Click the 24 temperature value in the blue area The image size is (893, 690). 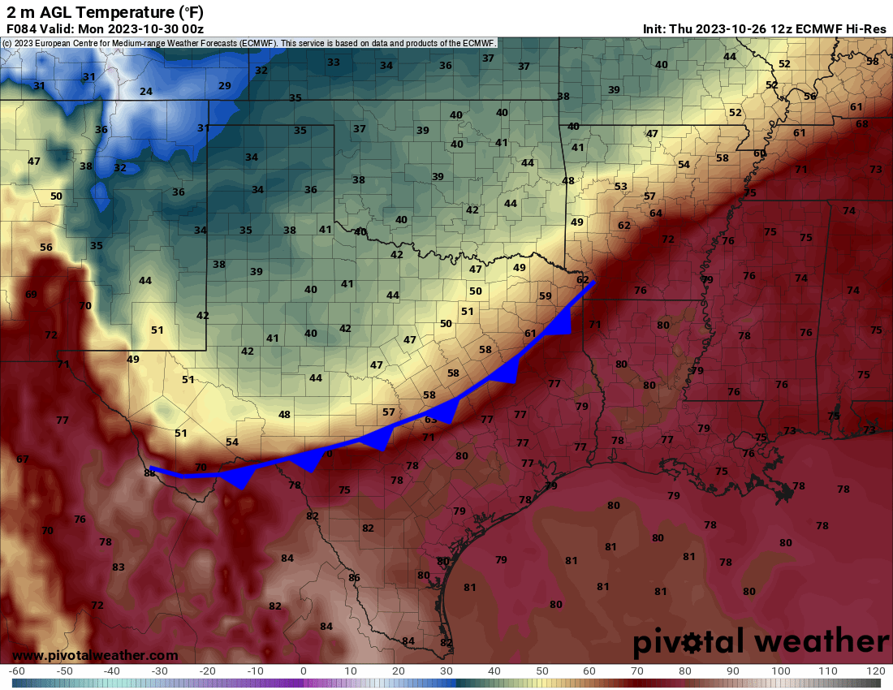tap(146, 92)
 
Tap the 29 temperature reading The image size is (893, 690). tap(225, 86)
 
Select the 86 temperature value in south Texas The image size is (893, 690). tap(354, 578)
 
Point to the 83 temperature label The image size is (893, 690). tap(119, 567)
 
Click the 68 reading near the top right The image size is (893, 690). tap(861, 124)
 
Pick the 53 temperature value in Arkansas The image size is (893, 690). tap(621, 187)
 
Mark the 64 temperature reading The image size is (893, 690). tap(656, 213)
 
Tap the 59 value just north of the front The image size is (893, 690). tap(546, 296)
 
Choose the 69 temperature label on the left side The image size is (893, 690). tap(32, 295)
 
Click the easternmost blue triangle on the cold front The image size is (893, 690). tap(562, 324)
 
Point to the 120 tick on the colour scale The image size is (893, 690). tap(875, 671)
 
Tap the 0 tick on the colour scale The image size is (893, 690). tap(303, 671)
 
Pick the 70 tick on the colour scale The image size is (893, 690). tap(638, 671)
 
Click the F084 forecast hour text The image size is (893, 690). tap(21, 28)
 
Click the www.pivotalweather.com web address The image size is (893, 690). tap(95, 655)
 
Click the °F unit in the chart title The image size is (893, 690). tap(191, 11)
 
